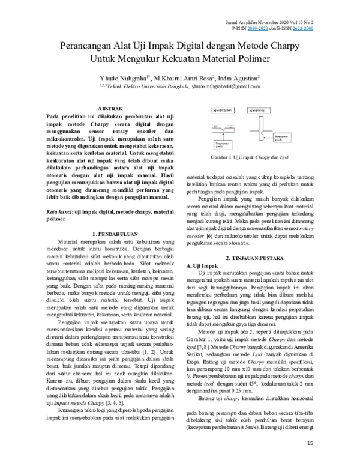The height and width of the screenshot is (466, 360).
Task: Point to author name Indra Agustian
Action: (x=239, y=78)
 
